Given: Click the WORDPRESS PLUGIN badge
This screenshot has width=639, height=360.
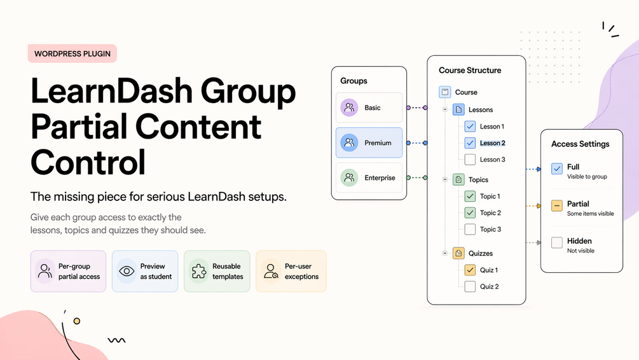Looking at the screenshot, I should click(72, 54).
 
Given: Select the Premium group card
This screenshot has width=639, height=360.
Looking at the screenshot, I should click(369, 143).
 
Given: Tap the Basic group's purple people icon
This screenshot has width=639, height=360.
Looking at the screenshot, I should click(349, 107).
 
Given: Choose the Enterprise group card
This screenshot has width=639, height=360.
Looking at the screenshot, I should click(369, 178).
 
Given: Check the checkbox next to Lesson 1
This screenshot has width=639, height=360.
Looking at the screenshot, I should click(470, 127).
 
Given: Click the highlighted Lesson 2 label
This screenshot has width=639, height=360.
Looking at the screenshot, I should click(493, 143).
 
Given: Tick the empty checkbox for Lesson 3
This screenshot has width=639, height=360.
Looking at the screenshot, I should click(470, 160).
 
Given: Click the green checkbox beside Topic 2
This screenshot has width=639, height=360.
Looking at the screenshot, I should click(470, 213).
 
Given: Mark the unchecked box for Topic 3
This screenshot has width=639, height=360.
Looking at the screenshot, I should click(470, 230).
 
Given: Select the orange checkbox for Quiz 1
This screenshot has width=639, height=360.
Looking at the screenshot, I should click(470, 270).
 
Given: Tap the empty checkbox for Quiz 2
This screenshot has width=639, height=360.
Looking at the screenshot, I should click(470, 287).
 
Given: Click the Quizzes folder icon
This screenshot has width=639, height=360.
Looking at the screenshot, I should click(458, 253).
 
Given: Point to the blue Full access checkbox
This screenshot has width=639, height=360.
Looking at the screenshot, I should click(557, 169).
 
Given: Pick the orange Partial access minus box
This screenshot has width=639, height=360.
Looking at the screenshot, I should click(557, 206).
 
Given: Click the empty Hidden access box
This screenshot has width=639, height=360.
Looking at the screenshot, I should click(557, 242).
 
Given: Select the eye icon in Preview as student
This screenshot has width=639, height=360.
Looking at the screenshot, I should click(127, 272).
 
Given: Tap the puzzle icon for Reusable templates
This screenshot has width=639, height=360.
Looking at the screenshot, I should click(199, 272).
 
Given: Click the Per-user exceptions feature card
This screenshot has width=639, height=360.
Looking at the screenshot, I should click(291, 272).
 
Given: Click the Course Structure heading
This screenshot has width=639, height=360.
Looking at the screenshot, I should click(470, 71).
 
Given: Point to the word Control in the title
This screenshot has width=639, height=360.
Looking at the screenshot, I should click(88, 162).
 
